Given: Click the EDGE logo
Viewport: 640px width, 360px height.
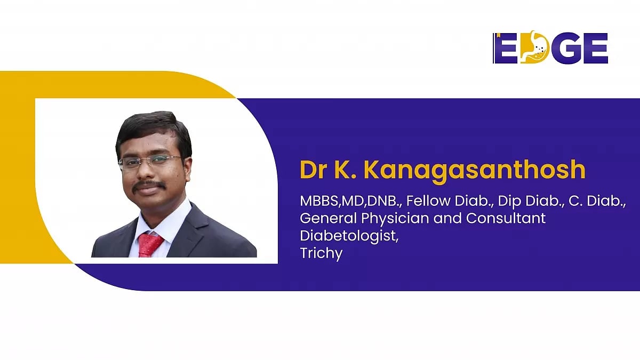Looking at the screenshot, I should coord(550,48).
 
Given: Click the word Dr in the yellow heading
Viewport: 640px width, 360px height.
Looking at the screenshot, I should coord(312,170).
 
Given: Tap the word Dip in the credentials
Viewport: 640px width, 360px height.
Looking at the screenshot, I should coord(509,203).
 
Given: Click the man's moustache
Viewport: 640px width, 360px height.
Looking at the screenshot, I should coord(149,186).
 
